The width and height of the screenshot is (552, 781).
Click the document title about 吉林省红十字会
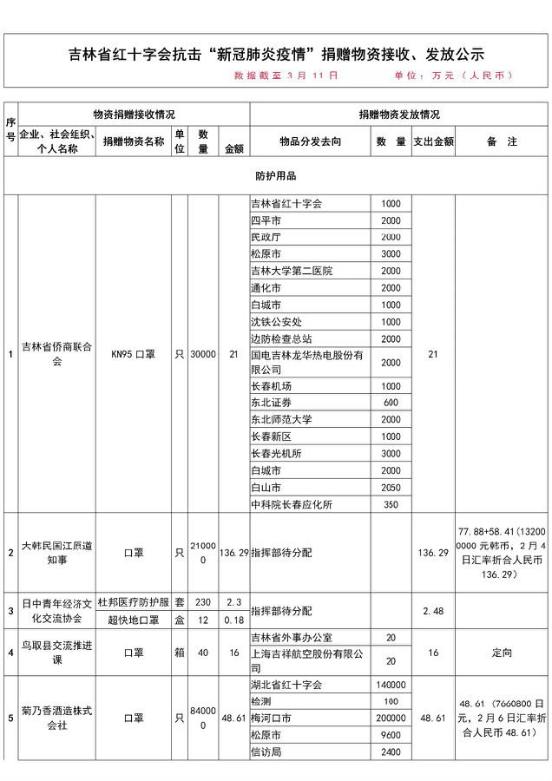pos(276,54)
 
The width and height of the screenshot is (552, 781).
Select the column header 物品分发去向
pos(310,141)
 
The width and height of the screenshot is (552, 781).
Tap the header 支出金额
pos(432,141)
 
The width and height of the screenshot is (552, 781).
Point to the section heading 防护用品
pos(275,176)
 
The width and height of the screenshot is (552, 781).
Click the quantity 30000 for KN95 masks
pos(202,354)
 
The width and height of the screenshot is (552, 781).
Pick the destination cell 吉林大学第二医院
pos(291,271)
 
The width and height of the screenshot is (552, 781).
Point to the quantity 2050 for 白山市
pos(391,488)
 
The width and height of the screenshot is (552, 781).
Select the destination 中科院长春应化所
pos(292,504)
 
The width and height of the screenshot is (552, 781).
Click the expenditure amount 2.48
pos(432,611)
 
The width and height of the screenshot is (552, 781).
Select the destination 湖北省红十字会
pos(286,685)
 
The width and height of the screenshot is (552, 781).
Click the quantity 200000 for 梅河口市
pos(391,719)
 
